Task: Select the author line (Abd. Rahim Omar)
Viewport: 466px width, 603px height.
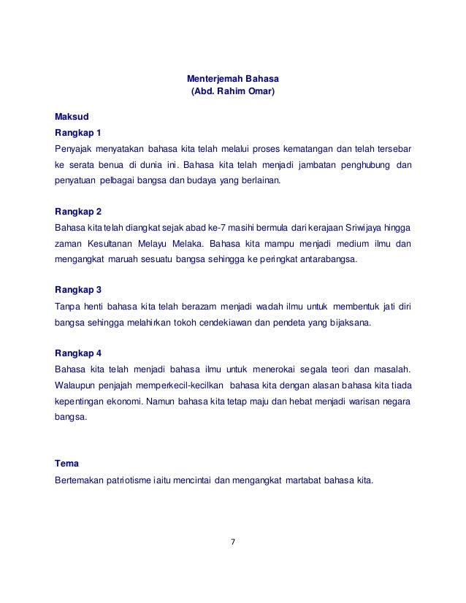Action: click(234, 93)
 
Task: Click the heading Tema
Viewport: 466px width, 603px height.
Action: click(67, 464)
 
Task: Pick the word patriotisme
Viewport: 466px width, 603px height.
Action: click(139, 481)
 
